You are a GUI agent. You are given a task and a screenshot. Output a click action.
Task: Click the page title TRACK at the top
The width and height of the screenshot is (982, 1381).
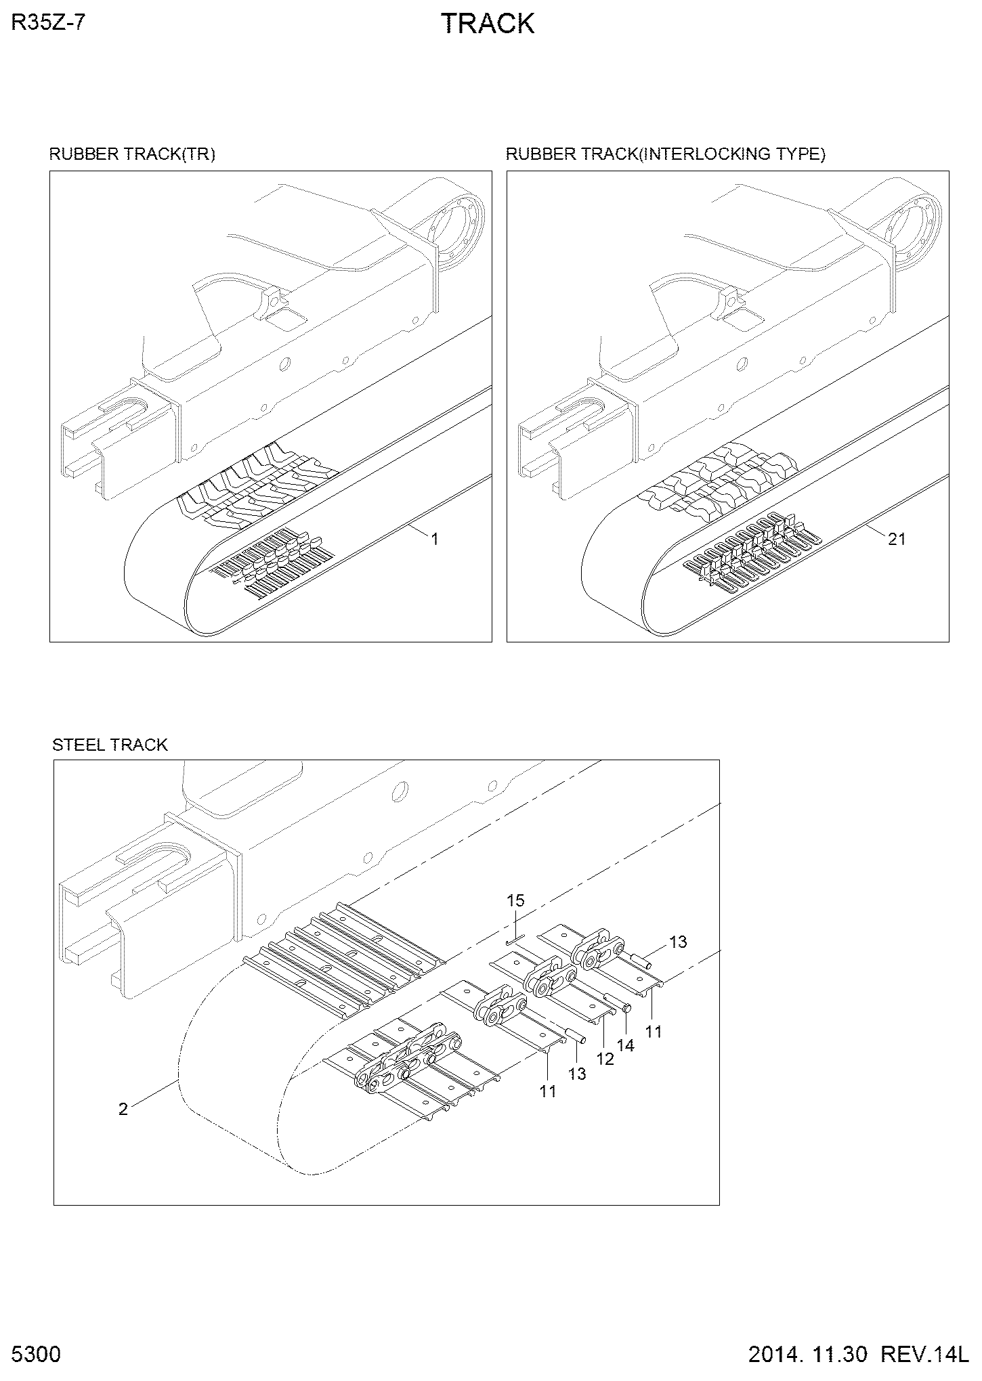tap(488, 24)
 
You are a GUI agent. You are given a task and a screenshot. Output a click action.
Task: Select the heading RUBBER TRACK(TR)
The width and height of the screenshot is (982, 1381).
tap(132, 154)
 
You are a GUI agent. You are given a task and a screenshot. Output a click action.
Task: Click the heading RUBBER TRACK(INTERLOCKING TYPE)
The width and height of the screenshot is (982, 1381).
tap(666, 154)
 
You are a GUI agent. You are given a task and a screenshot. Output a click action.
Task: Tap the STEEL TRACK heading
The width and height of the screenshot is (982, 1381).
tap(110, 745)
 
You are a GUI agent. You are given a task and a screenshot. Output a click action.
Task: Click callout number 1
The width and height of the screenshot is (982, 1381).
tap(435, 539)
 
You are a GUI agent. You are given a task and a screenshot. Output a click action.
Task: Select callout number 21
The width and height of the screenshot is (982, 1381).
tap(897, 539)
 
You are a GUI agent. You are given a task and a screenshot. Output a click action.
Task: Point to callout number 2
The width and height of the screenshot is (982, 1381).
tap(123, 1109)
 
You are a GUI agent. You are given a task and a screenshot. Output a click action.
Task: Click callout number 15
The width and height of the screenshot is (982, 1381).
tap(515, 900)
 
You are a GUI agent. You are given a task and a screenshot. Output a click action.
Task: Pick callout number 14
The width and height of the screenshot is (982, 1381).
tap(626, 1046)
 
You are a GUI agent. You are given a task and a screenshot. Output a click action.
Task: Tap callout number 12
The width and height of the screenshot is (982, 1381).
tap(605, 1059)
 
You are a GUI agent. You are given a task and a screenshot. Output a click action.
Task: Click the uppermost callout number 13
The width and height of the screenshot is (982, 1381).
tap(678, 942)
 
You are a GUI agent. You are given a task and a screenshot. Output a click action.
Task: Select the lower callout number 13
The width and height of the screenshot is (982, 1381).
tap(577, 1074)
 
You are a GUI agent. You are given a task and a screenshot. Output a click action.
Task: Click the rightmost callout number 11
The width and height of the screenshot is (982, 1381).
tap(654, 1032)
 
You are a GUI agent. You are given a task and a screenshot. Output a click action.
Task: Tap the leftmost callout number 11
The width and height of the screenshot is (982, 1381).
tap(548, 1091)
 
